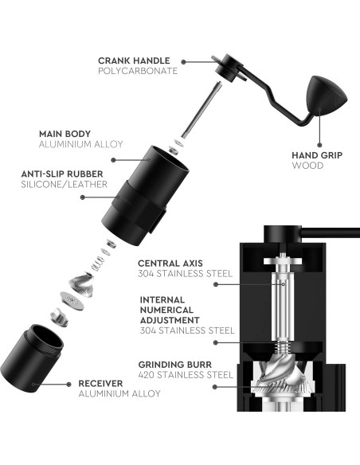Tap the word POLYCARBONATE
pyautogui.click(x=138, y=71)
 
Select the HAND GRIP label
pyautogui.click(x=315, y=155)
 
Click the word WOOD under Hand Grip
pyautogui.click(x=306, y=166)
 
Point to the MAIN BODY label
pyautogui.click(x=66, y=135)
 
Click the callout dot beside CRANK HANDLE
pyautogui.click(x=185, y=61)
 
